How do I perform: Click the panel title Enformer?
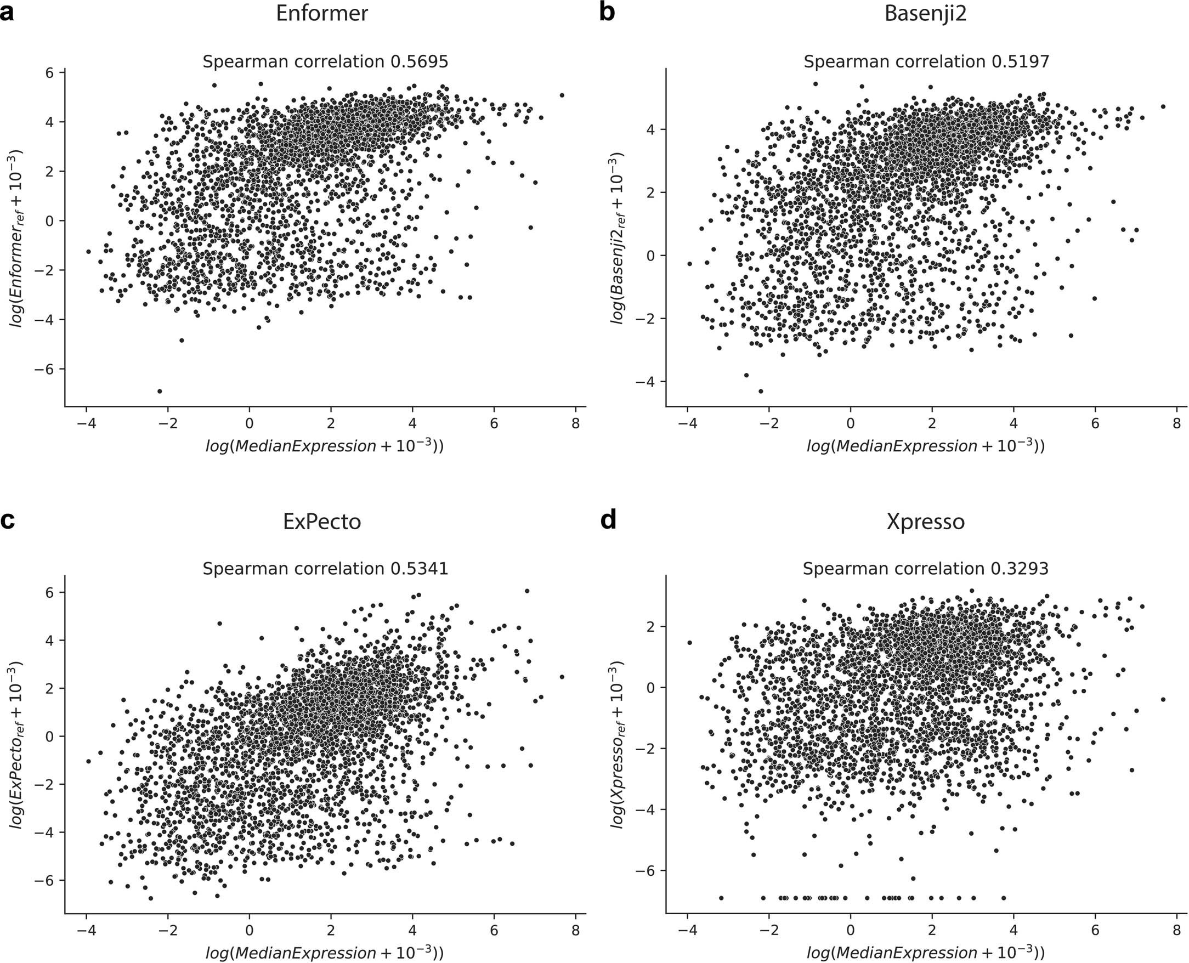(322, 13)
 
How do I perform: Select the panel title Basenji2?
(925, 13)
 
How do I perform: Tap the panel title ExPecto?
(322, 522)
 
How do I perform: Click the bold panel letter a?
(7, 12)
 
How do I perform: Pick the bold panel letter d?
(608, 520)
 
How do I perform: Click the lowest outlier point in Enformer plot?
(160, 391)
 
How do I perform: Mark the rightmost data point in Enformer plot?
(562, 95)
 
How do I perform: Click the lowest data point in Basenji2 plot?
(761, 391)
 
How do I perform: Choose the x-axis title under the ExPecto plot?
(325, 952)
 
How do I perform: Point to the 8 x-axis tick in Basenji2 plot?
(1176, 424)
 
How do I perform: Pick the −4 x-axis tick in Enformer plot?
(86, 424)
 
